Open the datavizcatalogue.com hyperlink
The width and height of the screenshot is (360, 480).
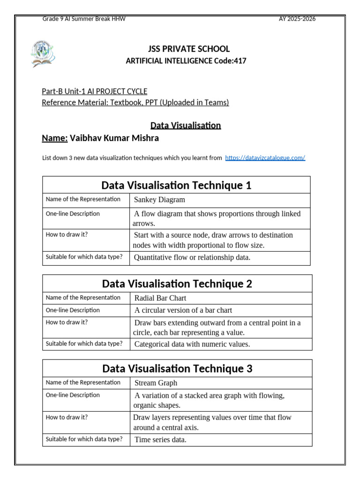tap(265, 158)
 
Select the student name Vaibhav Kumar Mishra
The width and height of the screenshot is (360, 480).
tap(114, 138)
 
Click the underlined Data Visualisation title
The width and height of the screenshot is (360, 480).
tap(185, 125)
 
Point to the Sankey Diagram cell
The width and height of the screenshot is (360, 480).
tap(159, 200)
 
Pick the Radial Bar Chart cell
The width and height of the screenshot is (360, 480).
tap(160, 298)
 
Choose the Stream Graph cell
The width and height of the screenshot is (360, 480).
tap(156, 382)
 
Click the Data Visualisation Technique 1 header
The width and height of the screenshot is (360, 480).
tap(176, 185)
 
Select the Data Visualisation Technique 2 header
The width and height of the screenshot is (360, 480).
tap(177, 284)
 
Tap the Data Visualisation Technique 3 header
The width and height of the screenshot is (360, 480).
tap(177, 368)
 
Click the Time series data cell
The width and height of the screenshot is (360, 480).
tap(160, 439)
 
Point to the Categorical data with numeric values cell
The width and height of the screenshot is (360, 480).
tap(192, 344)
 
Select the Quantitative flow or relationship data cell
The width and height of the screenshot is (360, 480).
tap(192, 257)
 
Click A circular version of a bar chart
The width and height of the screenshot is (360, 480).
tap(183, 310)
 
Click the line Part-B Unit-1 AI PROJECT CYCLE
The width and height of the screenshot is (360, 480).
tap(95, 91)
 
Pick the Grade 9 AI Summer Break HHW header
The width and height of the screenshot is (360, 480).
tap(84, 19)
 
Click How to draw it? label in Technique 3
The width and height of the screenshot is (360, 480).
tap(67, 416)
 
